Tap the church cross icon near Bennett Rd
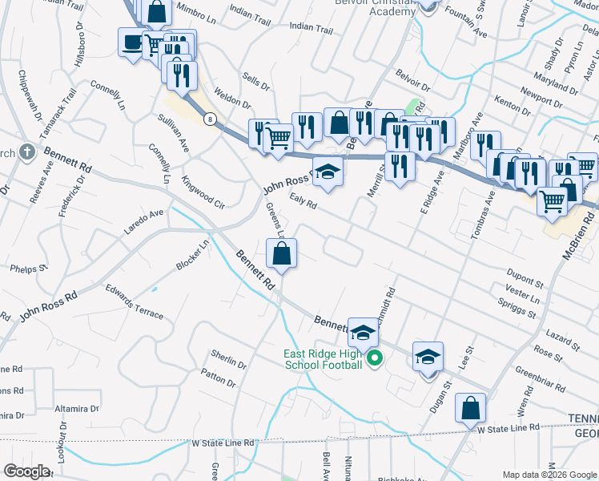[x=26, y=151]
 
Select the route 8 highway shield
[x=209, y=119]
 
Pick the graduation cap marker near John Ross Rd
[x=327, y=173]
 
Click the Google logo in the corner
[x=26, y=471]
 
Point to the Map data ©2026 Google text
[x=548, y=474]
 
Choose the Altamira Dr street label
[x=77, y=408]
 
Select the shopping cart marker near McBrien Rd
[x=553, y=200]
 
